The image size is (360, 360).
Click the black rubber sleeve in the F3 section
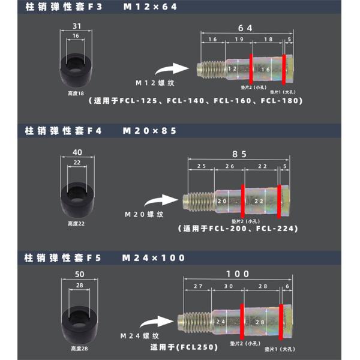tap(76, 71)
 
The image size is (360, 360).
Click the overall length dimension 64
tap(245, 28)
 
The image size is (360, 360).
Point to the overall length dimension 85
tap(239, 154)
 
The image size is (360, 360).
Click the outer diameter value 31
tap(76, 26)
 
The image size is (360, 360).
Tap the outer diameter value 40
tap(76, 152)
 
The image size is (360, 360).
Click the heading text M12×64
tap(150, 8)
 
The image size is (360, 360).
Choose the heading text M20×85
tap(150, 130)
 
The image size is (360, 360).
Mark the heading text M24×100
tap(154, 258)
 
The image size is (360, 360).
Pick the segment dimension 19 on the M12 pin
tap(238, 39)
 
